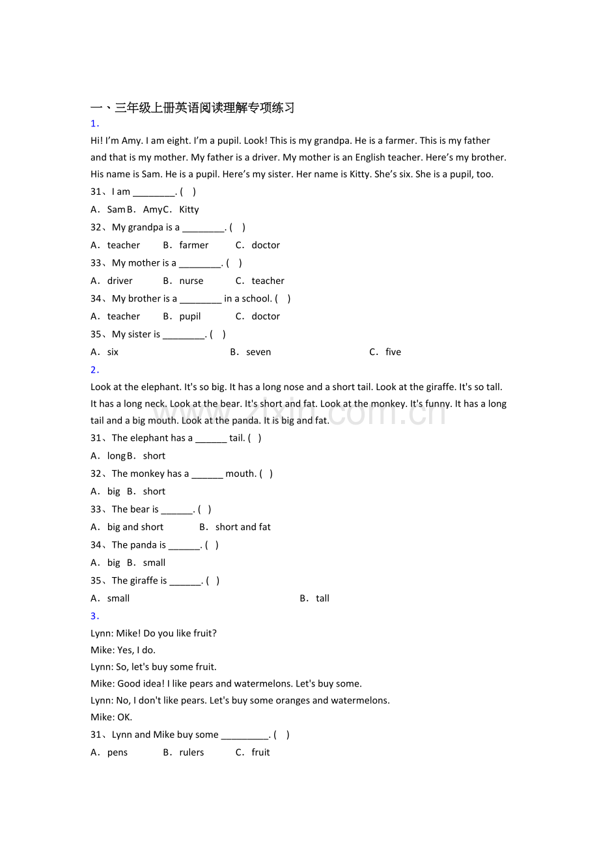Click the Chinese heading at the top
[x=192, y=108]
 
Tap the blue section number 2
[x=94, y=370]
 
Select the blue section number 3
[x=94, y=616]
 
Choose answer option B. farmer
[x=186, y=246]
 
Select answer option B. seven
[x=251, y=352]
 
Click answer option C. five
[x=385, y=352]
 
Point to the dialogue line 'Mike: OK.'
[x=111, y=718]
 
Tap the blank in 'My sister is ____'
[x=184, y=335]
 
